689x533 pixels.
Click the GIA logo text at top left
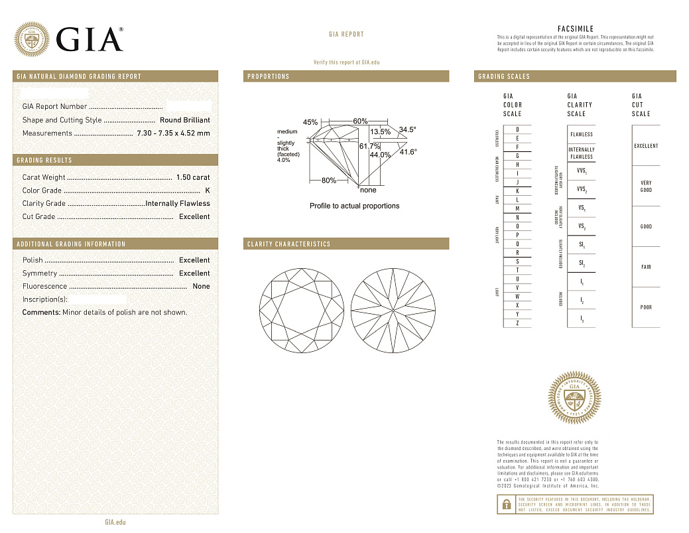point(90,39)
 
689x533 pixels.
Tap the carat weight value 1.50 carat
point(192,177)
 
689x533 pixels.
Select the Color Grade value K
point(208,190)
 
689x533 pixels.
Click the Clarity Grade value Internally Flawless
point(177,203)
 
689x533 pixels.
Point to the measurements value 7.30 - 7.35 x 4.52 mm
point(173,133)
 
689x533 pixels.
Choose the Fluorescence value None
point(201,286)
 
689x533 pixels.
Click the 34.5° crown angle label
point(407,129)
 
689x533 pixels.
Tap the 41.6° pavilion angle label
point(408,152)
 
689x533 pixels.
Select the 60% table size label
point(360,121)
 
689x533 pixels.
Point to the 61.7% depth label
point(369,146)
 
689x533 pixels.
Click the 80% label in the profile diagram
point(328,181)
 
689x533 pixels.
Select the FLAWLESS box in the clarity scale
point(582,134)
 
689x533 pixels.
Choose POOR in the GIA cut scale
point(646,307)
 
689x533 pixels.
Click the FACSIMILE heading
point(576,29)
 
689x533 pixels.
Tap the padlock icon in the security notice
point(506,504)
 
